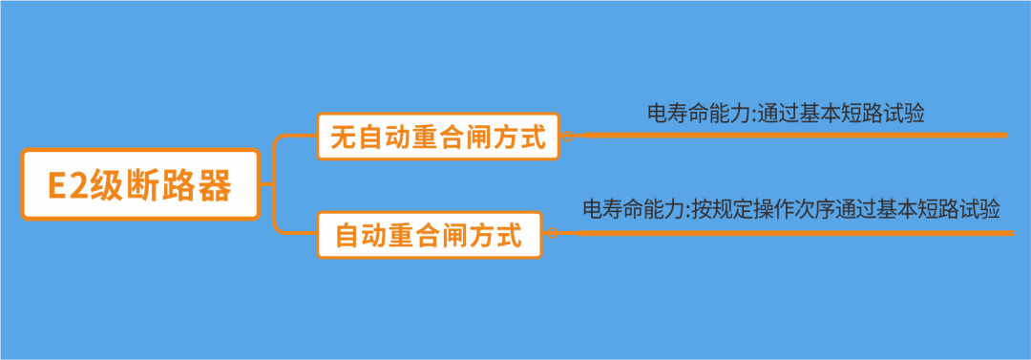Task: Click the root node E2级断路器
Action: (140, 184)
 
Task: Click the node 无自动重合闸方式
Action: (438, 138)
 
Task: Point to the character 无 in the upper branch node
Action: (343, 138)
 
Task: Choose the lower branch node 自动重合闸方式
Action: (429, 235)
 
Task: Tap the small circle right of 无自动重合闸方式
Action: (566, 138)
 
